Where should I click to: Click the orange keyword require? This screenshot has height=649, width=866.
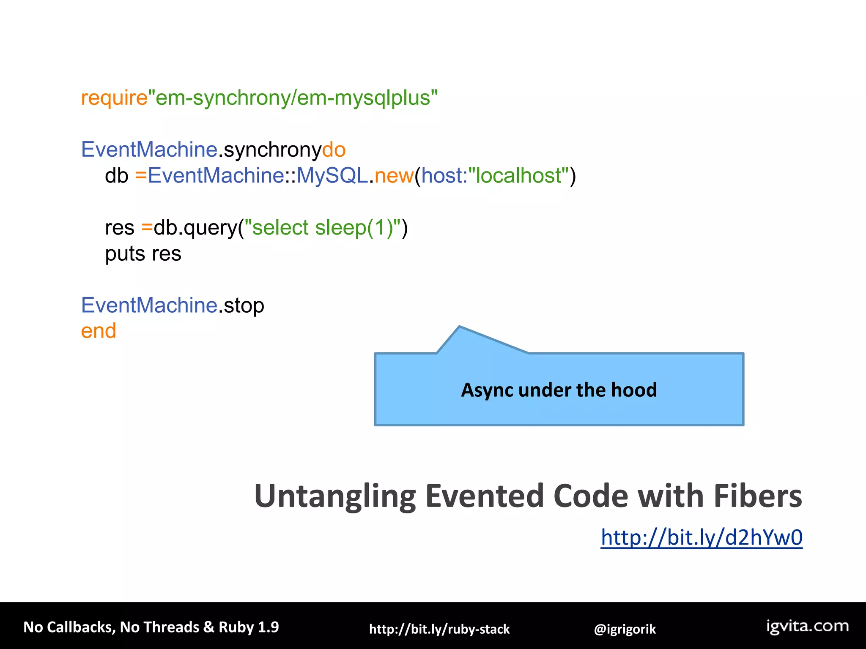(x=114, y=98)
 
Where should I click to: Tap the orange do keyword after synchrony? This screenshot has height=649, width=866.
(x=334, y=150)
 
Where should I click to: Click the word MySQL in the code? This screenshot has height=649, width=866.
(x=332, y=175)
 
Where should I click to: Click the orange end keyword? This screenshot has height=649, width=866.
(x=99, y=331)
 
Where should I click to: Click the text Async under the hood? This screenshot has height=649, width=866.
(x=559, y=390)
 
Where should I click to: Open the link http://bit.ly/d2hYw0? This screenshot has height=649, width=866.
(x=701, y=537)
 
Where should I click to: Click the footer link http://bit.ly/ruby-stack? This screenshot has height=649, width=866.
(x=439, y=629)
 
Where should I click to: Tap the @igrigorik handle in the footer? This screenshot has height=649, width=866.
(x=625, y=629)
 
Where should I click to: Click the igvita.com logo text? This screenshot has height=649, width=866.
(x=807, y=626)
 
